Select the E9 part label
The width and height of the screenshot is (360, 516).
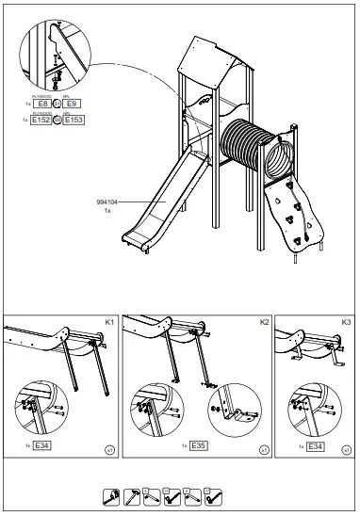pyautogui.click(x=83, y=103)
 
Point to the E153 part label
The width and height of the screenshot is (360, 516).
pyautogui.click(x=83, y=121)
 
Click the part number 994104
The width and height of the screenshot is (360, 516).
pyautogui.click(x=108, y=202)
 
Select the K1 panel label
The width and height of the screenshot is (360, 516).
pyautogui.click(x=109, y=323)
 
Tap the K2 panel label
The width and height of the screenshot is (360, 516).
pyautogui.click(x=263, y=323)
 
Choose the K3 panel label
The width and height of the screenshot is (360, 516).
pyautogui.click(x=346, y=323)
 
